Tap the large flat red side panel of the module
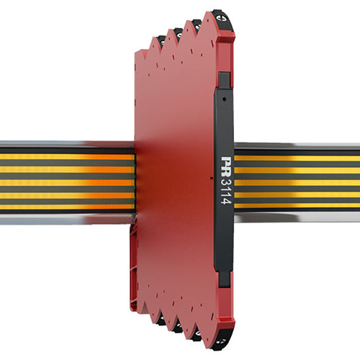(176, 180)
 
